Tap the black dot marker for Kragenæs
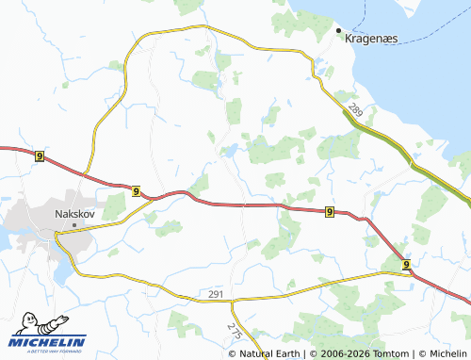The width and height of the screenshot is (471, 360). click(x=340, y=31)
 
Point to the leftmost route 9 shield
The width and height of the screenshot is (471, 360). click(x=39, y=155)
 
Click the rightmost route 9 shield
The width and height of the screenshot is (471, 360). click(x=406, y=266)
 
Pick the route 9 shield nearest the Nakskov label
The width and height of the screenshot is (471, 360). click(x=138, y=191)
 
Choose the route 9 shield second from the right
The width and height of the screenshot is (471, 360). click(x=329, y=212)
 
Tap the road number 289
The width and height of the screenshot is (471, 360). click(x=355, y=111)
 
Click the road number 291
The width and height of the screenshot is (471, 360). click(x=215, y=296)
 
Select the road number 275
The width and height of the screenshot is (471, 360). click(x=235, y=329)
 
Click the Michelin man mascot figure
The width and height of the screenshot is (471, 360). click(x=23, y=325)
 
